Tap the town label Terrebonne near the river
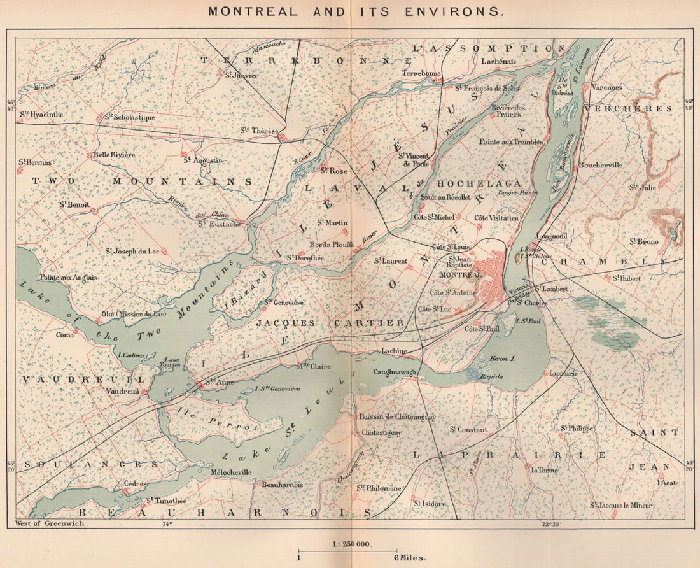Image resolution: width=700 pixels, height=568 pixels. (x=421, y=73)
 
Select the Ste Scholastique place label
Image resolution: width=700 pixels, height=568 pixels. (x=129, y=117)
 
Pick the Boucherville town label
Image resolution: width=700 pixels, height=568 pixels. (x=599, y=164)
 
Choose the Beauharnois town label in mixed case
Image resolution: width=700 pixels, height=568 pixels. (x=282, y=485)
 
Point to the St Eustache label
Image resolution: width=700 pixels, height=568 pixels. (x=219, y=224)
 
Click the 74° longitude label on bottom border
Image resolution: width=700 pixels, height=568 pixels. (x=167, y=525)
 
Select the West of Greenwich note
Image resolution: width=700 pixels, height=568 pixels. (x=48, y=524)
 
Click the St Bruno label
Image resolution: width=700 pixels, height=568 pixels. (x=644, y=241)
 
